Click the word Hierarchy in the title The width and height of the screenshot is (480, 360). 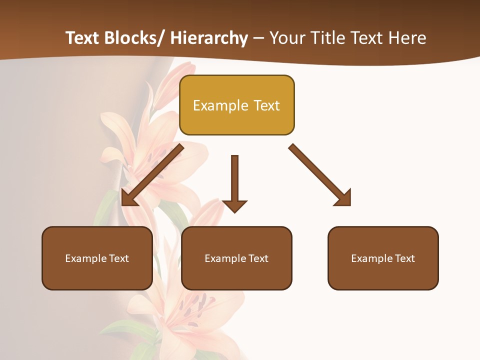pos(209,38)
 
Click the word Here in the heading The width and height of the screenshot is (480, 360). pos(407,38)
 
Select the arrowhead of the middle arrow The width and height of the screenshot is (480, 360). pos(234,206)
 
